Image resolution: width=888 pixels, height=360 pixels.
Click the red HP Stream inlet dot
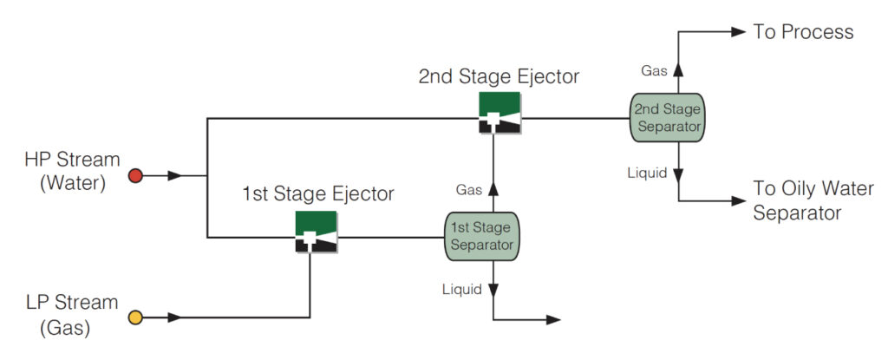[134, 176]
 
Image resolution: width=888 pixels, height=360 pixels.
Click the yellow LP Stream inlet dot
[134, 318]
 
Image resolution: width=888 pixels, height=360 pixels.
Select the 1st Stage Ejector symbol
[316, 232]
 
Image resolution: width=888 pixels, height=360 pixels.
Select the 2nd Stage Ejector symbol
[499, 112]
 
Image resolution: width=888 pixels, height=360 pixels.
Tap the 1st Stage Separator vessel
[482, 235]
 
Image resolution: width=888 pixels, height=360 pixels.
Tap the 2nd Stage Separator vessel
[666, 117]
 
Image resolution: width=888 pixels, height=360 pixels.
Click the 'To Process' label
[803, 32]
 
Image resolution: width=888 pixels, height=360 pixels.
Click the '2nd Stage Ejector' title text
[499, 76]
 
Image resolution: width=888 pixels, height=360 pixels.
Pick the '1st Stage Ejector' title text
[317, 193]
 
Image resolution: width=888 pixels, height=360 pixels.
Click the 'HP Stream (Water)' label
[72, 172]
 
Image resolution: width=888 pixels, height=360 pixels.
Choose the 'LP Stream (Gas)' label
[72, 315]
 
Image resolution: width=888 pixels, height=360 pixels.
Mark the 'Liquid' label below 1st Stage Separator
[461, 289]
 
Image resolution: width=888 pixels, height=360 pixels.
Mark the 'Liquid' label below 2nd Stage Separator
[647, 173]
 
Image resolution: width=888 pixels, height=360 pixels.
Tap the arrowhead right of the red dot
[175, 176]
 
